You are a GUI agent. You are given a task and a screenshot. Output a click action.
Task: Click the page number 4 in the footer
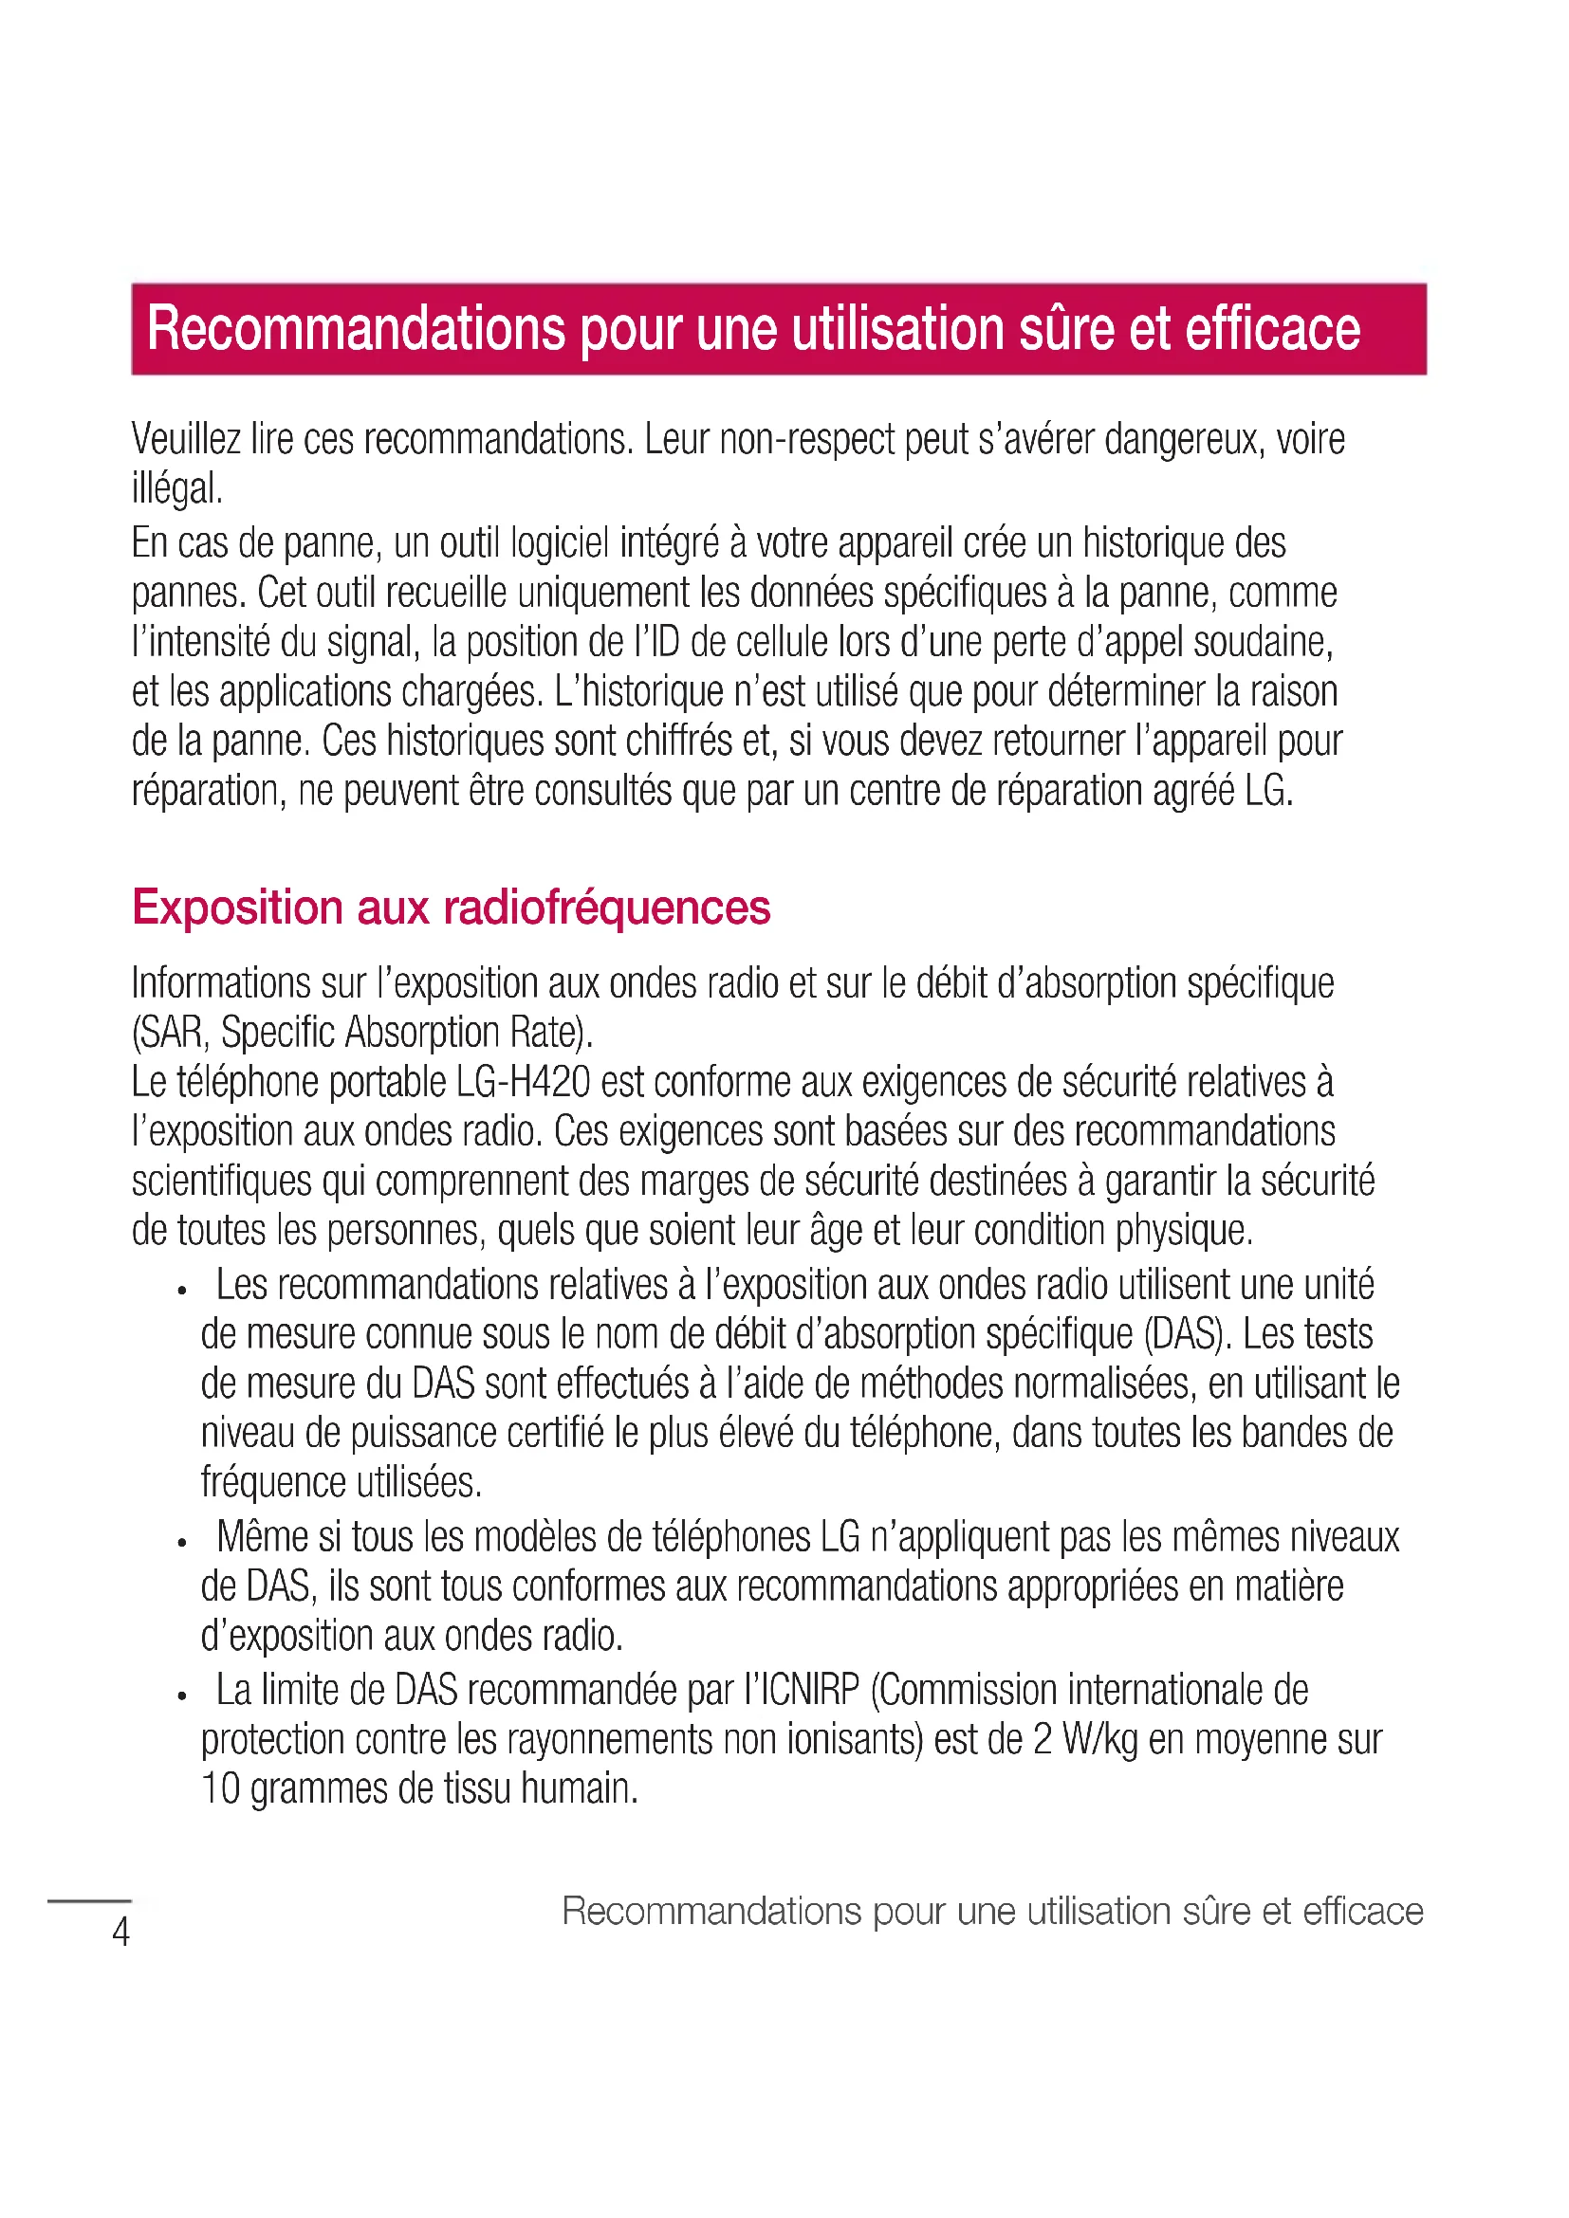tap(120, 1932)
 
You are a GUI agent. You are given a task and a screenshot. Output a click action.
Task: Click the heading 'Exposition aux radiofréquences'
tap(451, 907)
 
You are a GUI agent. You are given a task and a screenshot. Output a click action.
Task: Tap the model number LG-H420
tap(523, 1082)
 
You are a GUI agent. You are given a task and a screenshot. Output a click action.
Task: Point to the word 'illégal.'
tap(176, 488)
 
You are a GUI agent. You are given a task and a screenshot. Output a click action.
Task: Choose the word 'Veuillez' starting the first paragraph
tap(186, 440)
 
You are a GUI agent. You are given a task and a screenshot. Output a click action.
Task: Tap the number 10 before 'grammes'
tap(220, 1789)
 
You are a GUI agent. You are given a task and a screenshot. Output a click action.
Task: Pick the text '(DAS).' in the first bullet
tap(1188, 1334)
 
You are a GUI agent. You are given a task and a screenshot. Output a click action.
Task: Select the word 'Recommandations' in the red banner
tap(356, 328)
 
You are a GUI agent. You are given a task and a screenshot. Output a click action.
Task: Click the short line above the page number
tap(89, 1900)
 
